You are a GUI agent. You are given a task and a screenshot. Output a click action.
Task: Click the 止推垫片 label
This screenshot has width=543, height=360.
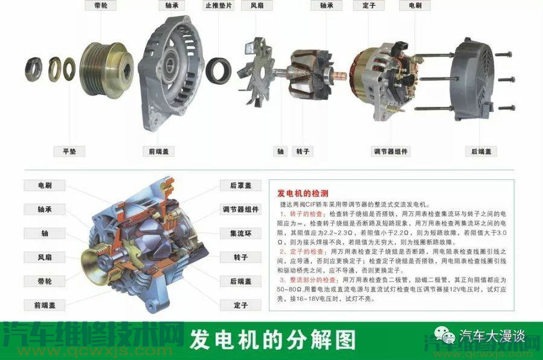coord(218,5)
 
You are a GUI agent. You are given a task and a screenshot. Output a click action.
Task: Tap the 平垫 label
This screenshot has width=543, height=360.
coord(69,151)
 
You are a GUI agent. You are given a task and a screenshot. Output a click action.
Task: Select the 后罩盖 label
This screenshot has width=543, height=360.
coord(240,185)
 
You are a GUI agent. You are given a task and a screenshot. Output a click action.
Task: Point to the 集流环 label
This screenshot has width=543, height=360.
coord(240,233)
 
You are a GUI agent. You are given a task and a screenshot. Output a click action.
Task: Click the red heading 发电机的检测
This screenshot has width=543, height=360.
coord(303,194)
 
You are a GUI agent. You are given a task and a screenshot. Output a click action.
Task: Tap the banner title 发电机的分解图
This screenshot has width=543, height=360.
coord(272,340)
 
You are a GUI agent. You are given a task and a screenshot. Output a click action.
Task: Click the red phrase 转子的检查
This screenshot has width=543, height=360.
coord(305,214)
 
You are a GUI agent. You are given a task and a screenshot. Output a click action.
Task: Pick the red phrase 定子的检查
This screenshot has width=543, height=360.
coord(305,250)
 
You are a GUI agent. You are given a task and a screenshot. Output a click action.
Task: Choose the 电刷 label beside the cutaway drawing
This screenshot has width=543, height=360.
coord(45,185)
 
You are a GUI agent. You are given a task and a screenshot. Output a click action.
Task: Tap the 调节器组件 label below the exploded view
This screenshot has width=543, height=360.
coord(392,151)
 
